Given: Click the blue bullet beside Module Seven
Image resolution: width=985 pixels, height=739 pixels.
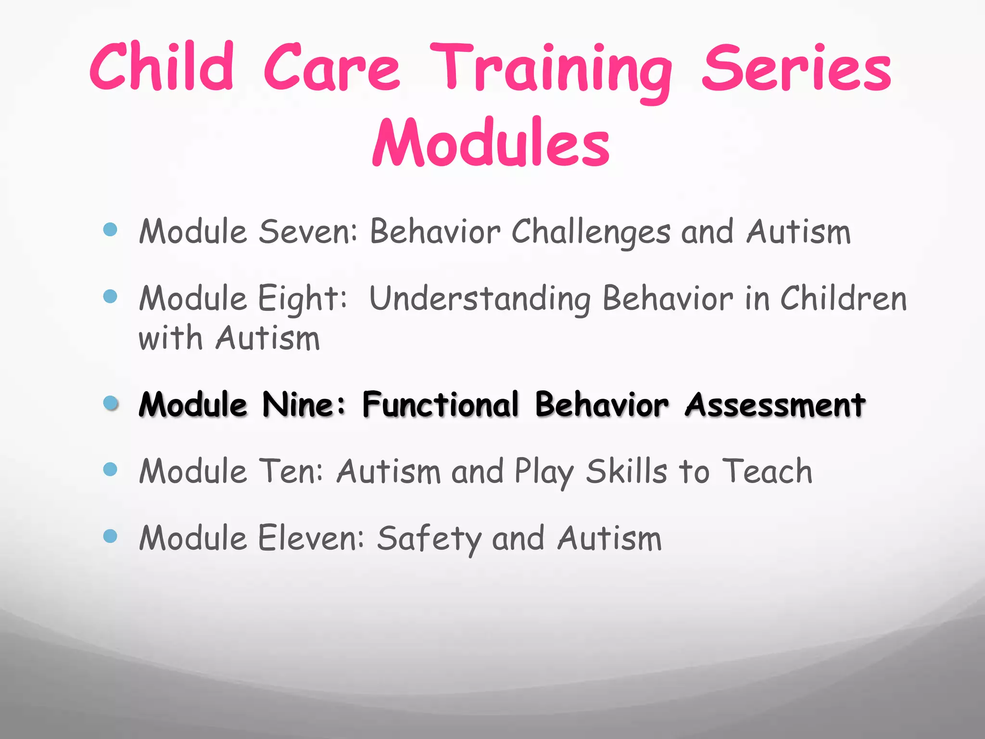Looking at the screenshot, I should (110, 229).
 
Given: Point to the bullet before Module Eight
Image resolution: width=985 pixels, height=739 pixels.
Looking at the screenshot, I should (110, 296).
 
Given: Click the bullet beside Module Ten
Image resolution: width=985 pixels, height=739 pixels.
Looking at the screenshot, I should (110, 469).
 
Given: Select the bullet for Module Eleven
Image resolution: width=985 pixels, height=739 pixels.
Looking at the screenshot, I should (110, 535).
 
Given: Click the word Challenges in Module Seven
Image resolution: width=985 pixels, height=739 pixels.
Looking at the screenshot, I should (591, 233).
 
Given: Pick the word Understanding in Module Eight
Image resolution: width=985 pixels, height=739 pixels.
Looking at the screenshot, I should (480, 299).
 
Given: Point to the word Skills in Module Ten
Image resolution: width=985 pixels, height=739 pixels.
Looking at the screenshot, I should (626, 471).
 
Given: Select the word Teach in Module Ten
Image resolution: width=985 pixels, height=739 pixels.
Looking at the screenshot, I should (768, 471).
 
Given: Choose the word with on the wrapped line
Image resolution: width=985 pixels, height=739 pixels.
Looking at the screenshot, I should (170, 338).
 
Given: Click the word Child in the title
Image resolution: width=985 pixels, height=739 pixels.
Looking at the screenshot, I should (162, 67).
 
